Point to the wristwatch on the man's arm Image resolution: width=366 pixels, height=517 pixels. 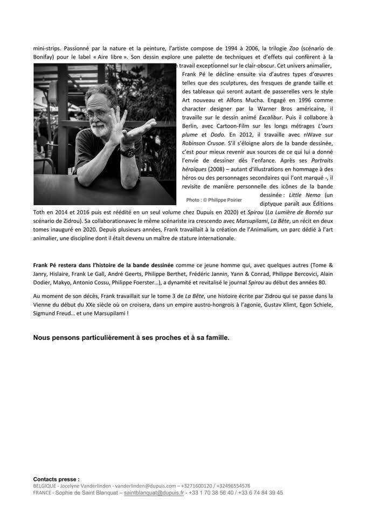tap(127, 152)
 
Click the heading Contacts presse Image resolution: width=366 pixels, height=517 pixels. tap(56, 479)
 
